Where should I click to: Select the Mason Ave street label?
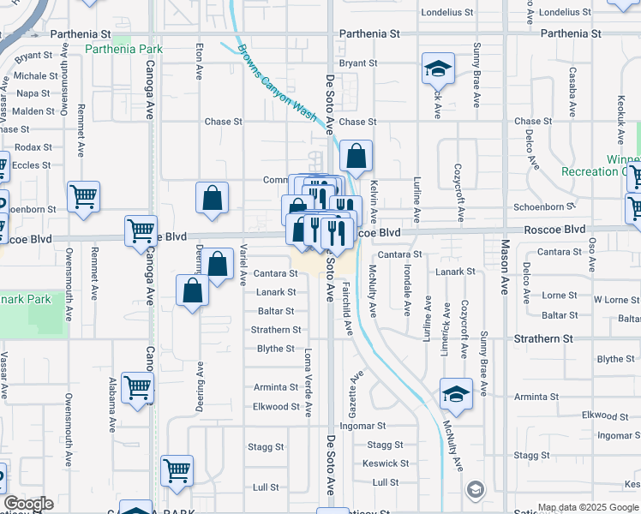pyautogui.click(x=505, y=274)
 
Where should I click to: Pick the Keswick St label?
pyautogui.click(x=380, y=463)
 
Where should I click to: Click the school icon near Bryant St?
pyautogui.click(x=438, y=69)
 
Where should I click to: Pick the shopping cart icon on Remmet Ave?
pyautogui.click(x=83, y=197)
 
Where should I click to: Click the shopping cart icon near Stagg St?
pyautogui.click(x=177, y=470)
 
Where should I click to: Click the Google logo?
pyautogui.click(x=28, y=504)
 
